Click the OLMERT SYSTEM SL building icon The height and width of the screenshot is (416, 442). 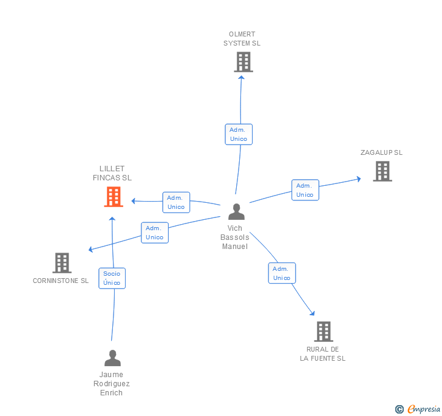(x=243, y=62)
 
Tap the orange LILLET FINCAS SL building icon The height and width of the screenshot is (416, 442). (x=114, y=197)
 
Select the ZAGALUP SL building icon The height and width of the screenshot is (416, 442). (x=382, y=171)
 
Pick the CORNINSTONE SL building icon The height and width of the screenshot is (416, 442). (x=62, y=263)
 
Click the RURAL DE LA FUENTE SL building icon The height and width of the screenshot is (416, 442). (x=324, y=332)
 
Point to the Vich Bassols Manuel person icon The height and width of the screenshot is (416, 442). (x=236, y=212)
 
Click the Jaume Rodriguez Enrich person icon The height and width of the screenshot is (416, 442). (x=112, y=358)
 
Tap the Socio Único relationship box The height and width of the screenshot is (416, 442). (x=112, y=278)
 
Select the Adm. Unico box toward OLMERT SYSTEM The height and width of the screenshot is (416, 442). (x=238, y=134)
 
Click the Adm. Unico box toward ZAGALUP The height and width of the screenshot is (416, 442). (x=305, y=190)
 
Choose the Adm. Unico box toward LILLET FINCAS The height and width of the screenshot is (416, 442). (x=176, y=202)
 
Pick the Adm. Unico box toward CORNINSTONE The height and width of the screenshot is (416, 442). (x=155, y=233)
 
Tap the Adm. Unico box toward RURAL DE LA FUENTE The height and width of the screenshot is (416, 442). (x=282, y=273)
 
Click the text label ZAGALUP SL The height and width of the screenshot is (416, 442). (x=381, y=152)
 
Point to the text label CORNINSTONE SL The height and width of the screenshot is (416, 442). (x=61, y=281)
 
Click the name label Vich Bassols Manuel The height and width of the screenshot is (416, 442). (x=235, y=237)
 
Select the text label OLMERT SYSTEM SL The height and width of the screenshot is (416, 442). (x=242, y=39)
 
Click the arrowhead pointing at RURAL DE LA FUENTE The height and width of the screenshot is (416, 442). (x=313, y=313)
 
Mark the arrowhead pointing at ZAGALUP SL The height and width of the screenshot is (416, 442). (x=359, y=179)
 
